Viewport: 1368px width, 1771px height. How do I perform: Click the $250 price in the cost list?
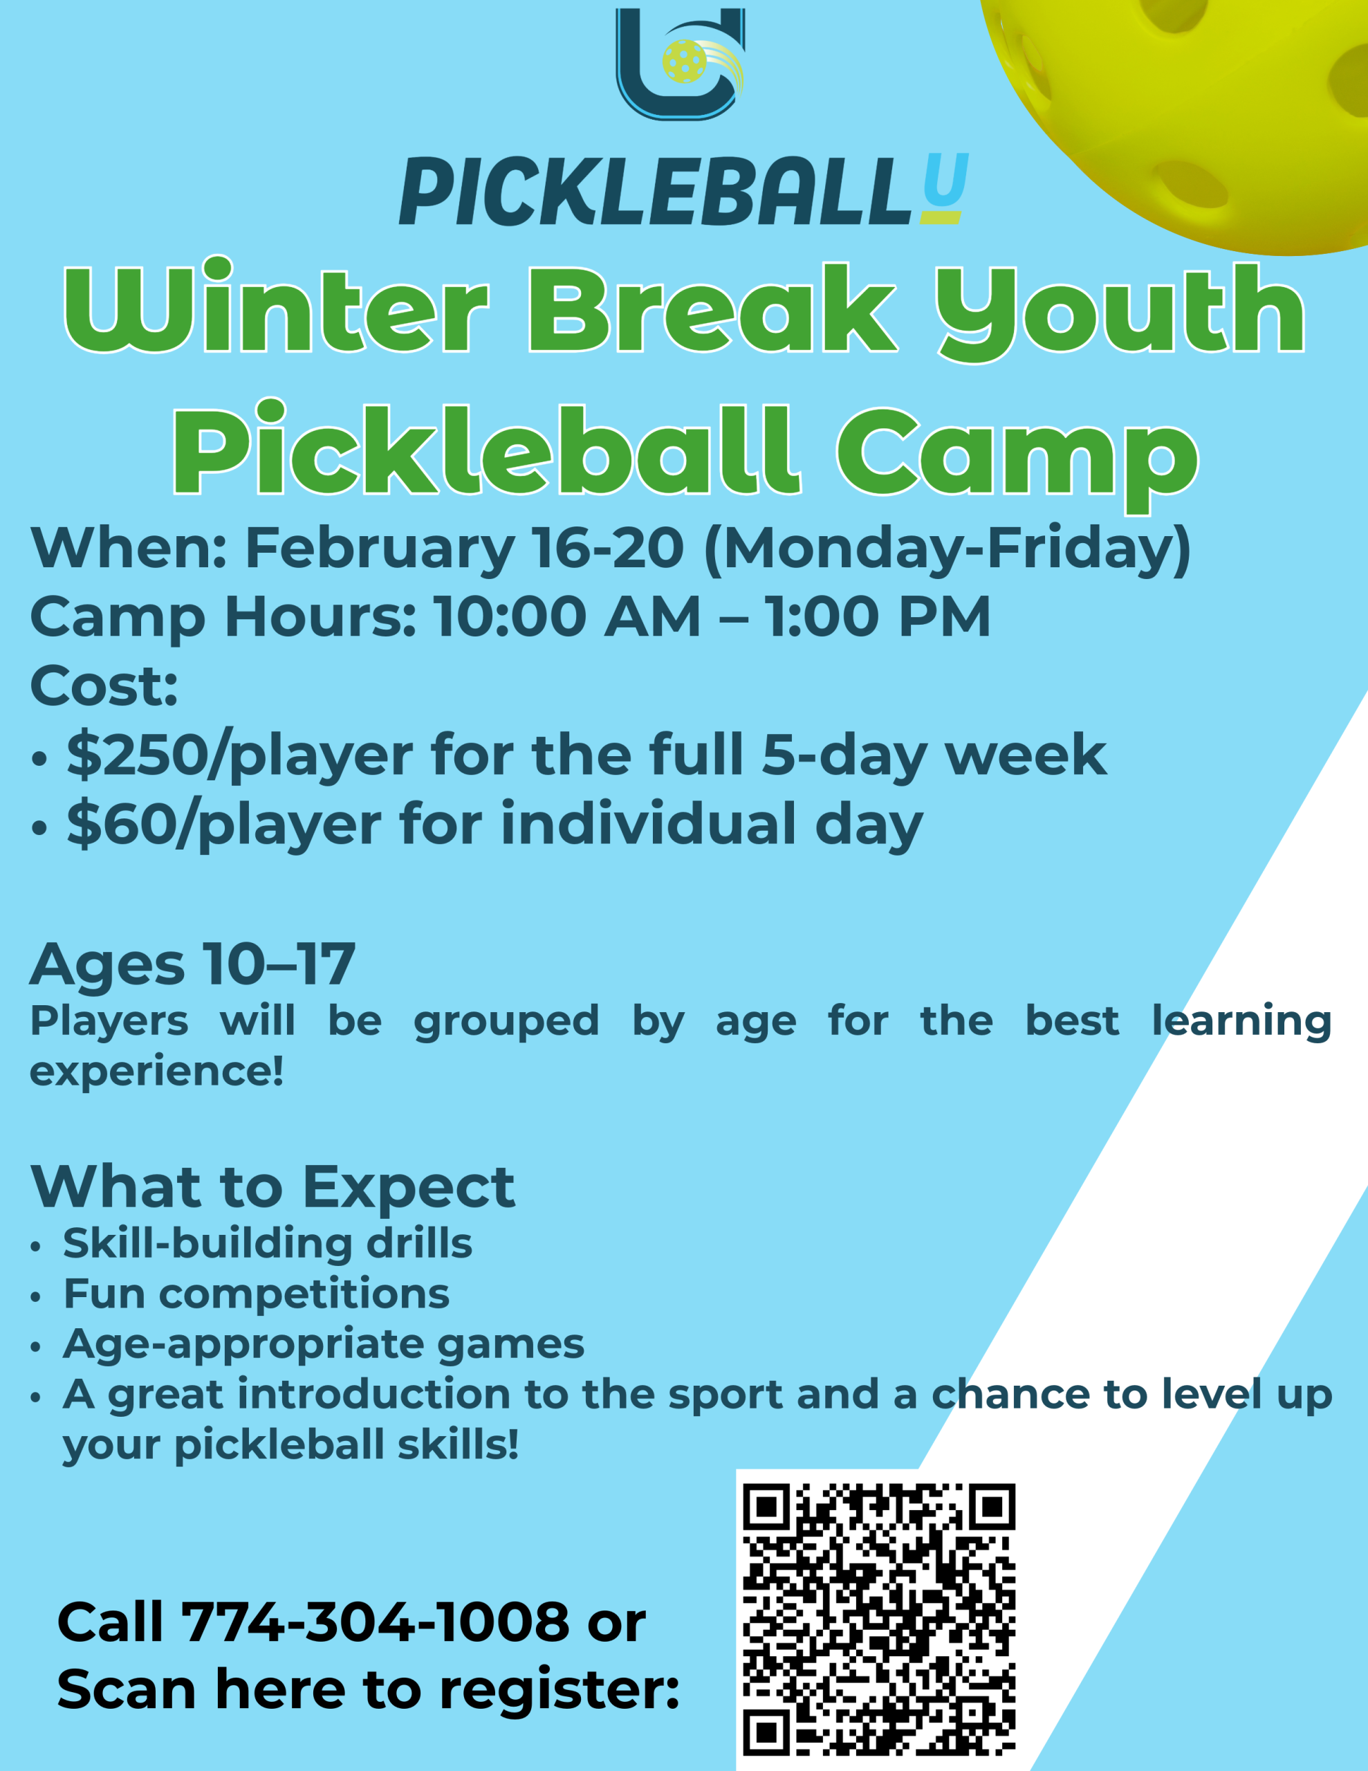click(x=136, y=755)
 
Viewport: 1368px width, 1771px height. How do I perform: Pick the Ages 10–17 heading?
click(x=193, y=965)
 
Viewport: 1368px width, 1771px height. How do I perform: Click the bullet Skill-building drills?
click(x=268, y=1244)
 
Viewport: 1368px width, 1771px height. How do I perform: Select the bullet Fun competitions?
click(x=257, y=1294)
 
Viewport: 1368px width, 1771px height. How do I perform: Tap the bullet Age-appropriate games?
click(x=324, y=1344)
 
